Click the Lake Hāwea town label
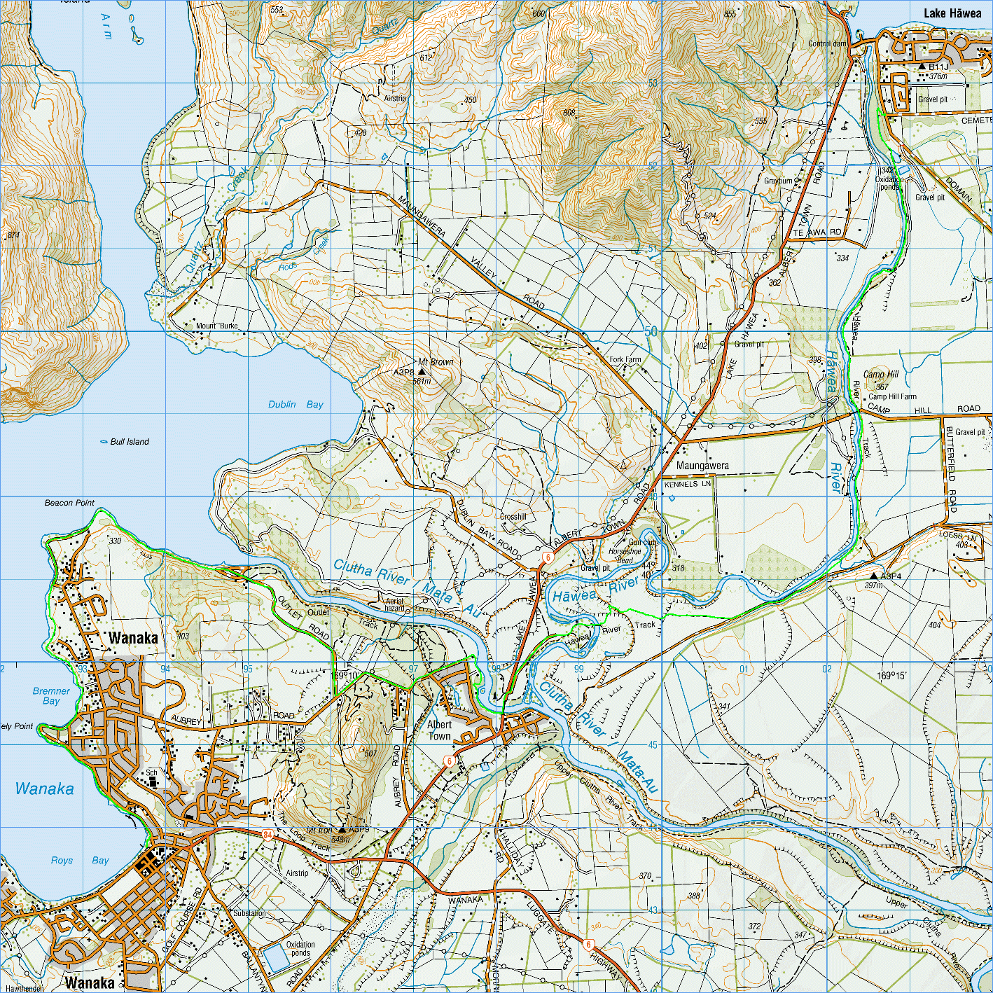(952, 13)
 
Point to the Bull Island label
(130, 442)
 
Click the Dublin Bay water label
(296, 404)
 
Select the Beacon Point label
(69, 503)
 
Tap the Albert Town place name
(439, 730)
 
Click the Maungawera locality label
(702, 465)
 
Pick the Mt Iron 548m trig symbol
(342, 830)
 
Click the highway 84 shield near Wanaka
(268, 834)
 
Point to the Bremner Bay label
(51, 695)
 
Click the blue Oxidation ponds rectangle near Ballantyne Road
(277, 958)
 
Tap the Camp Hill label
(880, 374)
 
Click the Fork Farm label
(625, 359)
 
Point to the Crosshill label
(513, 517)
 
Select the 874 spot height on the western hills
(13, 236)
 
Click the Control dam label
(827, 43)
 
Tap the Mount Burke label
(216, 326)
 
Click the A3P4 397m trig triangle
(873, 576)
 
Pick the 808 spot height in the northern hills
(569, 113)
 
